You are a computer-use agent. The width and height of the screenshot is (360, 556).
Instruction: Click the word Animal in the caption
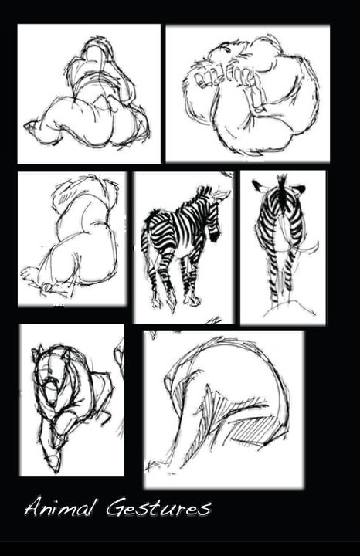click(x=59, y=508)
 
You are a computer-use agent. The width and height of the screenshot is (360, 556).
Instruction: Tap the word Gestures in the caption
click(x=158, y=508)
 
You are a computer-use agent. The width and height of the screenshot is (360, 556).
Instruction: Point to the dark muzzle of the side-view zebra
click(x=215, y=235)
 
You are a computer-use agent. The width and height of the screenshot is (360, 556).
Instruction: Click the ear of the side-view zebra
click(x=222, y=194)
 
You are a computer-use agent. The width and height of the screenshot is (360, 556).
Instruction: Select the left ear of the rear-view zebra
click(x=259, y=185)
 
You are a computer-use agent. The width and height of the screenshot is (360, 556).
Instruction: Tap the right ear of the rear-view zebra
click(x=299, y=189)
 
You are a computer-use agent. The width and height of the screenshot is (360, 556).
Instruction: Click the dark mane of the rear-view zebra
click(x=282, y=192)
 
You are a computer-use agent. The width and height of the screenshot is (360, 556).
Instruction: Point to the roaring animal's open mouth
click(x=50, y=389)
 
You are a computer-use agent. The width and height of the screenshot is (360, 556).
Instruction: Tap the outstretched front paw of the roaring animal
click(x=52, y=457)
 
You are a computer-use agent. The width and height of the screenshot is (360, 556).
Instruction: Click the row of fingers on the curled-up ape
click(x=224, y=77)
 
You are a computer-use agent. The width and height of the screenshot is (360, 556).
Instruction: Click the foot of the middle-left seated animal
click(x=29, y=273)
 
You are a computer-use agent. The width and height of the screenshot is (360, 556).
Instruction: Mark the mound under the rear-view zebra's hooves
click(x=289, y=307)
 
